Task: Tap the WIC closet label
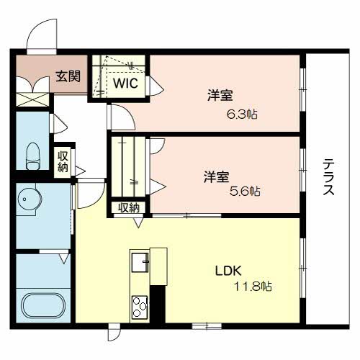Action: tap(124, 83)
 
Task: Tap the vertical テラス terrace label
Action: tap(327, 178)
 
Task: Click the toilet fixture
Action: tap(32, 154)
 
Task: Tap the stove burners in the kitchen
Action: tap(138, 307)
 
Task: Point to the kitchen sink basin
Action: tap(139, 262)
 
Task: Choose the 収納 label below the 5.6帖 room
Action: tap(128, 208)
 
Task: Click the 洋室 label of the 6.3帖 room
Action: tap(218, 95)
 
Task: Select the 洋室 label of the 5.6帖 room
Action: tap(216, 175)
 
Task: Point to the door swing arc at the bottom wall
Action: tap(114, 334)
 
